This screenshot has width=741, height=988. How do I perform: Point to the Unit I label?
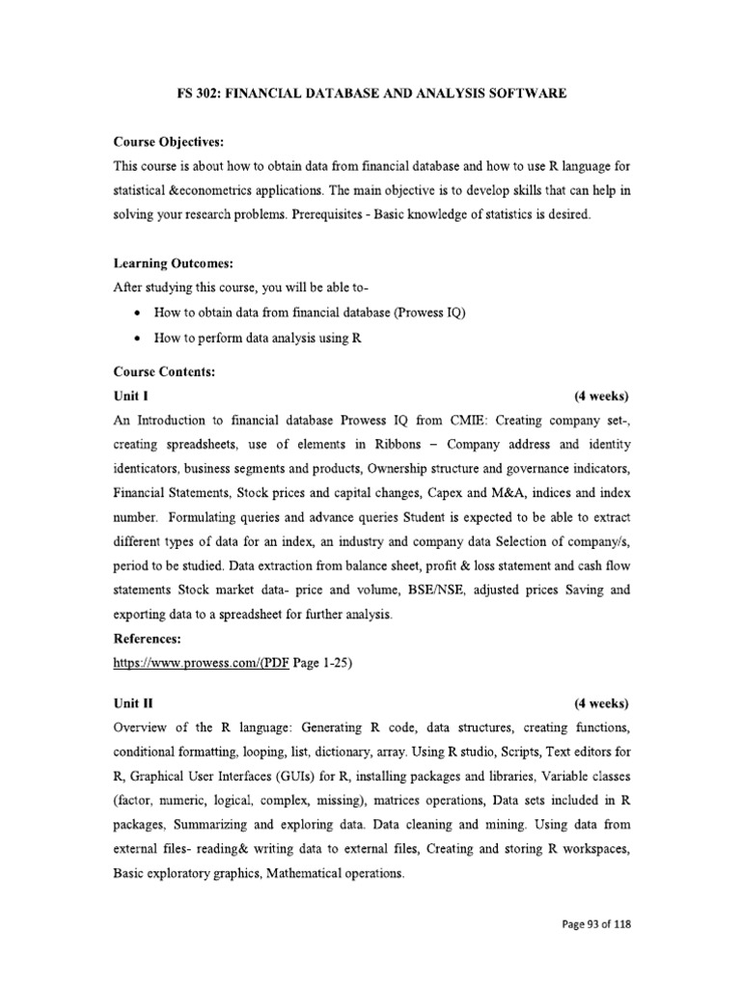pos(130,396)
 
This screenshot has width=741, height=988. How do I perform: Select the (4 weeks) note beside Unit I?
pos(600,396)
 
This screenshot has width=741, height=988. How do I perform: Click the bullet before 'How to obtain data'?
pos(140,315)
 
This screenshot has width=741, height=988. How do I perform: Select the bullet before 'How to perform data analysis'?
pos(140,340)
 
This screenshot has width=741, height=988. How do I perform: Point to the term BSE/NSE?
pos(451,589)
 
